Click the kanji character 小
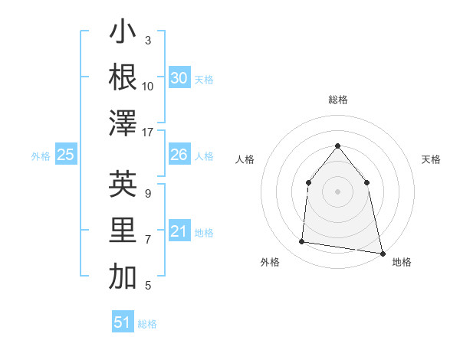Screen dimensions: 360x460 click(x=123, y=33)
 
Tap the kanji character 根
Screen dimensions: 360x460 click(x=123, y=78)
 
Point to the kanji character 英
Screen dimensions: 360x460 click(x=123, y=185)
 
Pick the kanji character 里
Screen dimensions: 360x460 click(x=123, y=231)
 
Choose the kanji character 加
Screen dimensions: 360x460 click(x=123, y=277)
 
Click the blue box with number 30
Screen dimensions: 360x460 click(x=179, y=78)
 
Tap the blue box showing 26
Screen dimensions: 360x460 click(x=179, y=155)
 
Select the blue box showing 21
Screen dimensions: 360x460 click(x=179, y=231)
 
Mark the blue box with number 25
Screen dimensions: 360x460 click(x=65, y=155)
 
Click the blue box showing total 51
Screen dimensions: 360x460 click(x=123, y=322)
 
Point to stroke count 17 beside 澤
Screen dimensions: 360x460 click(x=148, y=133)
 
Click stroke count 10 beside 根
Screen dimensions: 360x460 click(x=148, y=87)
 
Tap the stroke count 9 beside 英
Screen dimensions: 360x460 click(x=148, y=193)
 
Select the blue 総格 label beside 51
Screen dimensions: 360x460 click(x=147, y=324)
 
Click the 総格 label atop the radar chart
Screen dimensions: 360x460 click(x=337, y=100)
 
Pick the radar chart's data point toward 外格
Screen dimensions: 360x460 click(x=302, y=242)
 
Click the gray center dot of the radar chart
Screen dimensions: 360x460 click(x=337, y=191)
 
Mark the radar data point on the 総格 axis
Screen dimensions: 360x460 click(x=337, y=146)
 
